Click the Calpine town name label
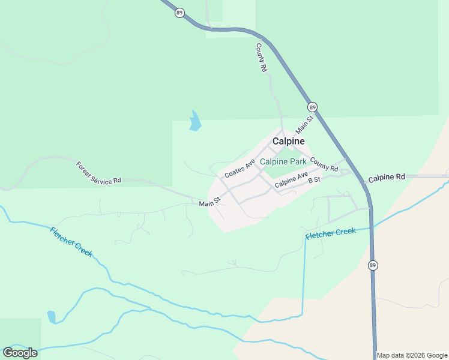[288, 141]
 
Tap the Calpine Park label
[283, 162]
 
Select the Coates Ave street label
[240, 168]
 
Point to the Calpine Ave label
[291, 181]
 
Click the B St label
[314, 180]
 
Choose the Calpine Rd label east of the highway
[387, 178]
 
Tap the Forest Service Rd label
[98, 173]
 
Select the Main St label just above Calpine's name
[305, 125]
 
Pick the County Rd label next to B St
[324, 164]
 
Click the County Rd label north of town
[261, 58]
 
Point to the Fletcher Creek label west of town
[71, 242]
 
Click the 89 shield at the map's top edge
[179, 13]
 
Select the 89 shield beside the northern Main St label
[312, 107]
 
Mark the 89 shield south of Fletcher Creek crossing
[373, 265]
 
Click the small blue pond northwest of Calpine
[195, 121]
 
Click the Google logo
[20, 353]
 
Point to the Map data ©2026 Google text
[412, 355]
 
